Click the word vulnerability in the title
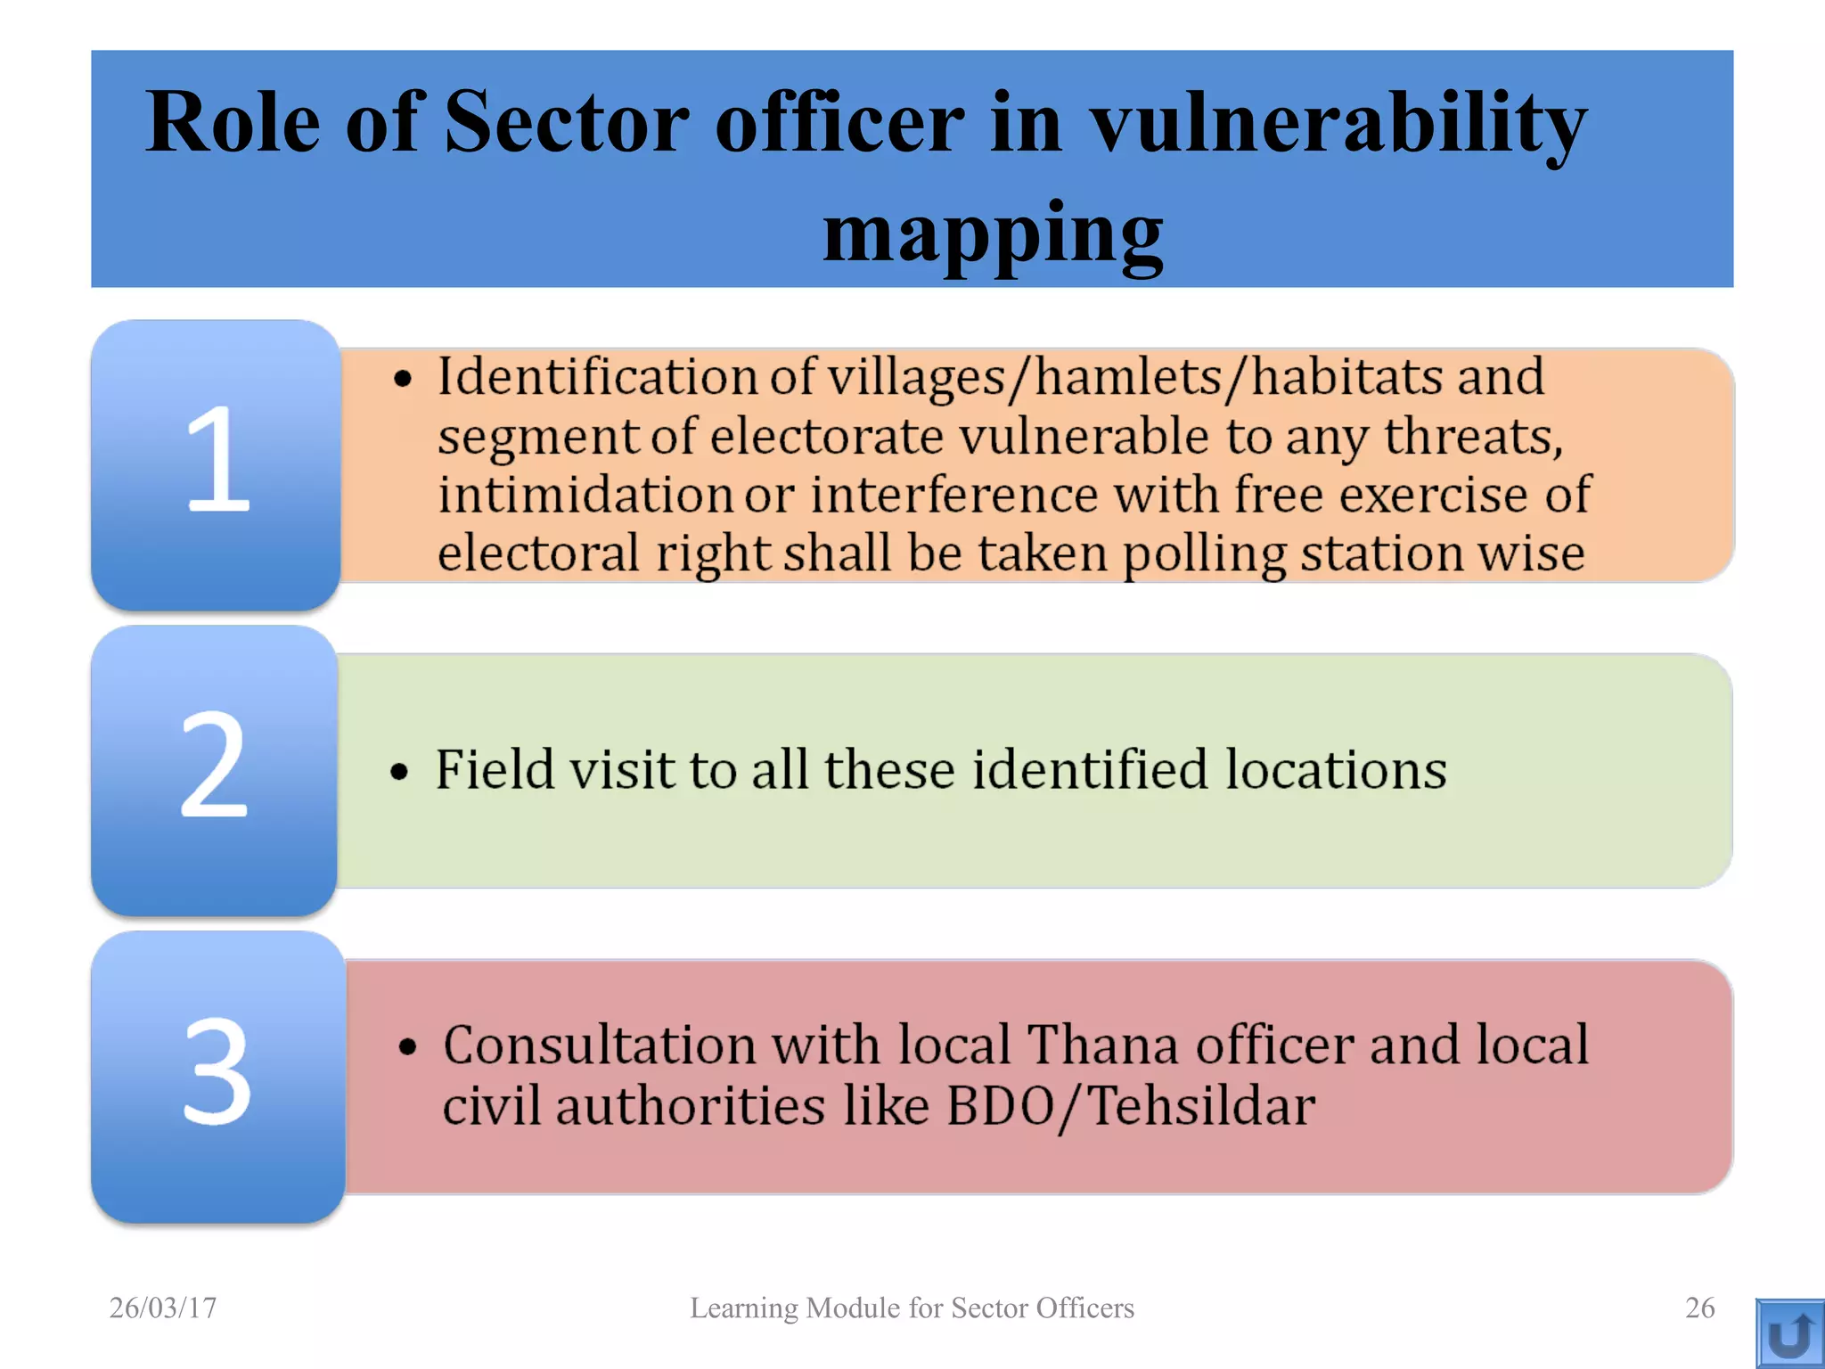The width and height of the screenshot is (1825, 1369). pos(1338,125)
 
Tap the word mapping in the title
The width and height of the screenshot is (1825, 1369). pos(993,234)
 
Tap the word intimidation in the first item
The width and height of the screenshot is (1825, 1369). pos(585,495)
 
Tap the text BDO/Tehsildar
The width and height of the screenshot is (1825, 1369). pos(1130,1107)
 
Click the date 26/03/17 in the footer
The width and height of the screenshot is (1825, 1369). pos(163,1308)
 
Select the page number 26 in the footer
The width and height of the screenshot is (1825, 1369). pos(1699,1308)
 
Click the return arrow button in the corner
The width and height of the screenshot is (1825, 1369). pos(1789,1333)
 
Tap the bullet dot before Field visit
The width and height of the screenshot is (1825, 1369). pos(399,772)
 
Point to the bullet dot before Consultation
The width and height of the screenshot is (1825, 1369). pos(408,1047)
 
